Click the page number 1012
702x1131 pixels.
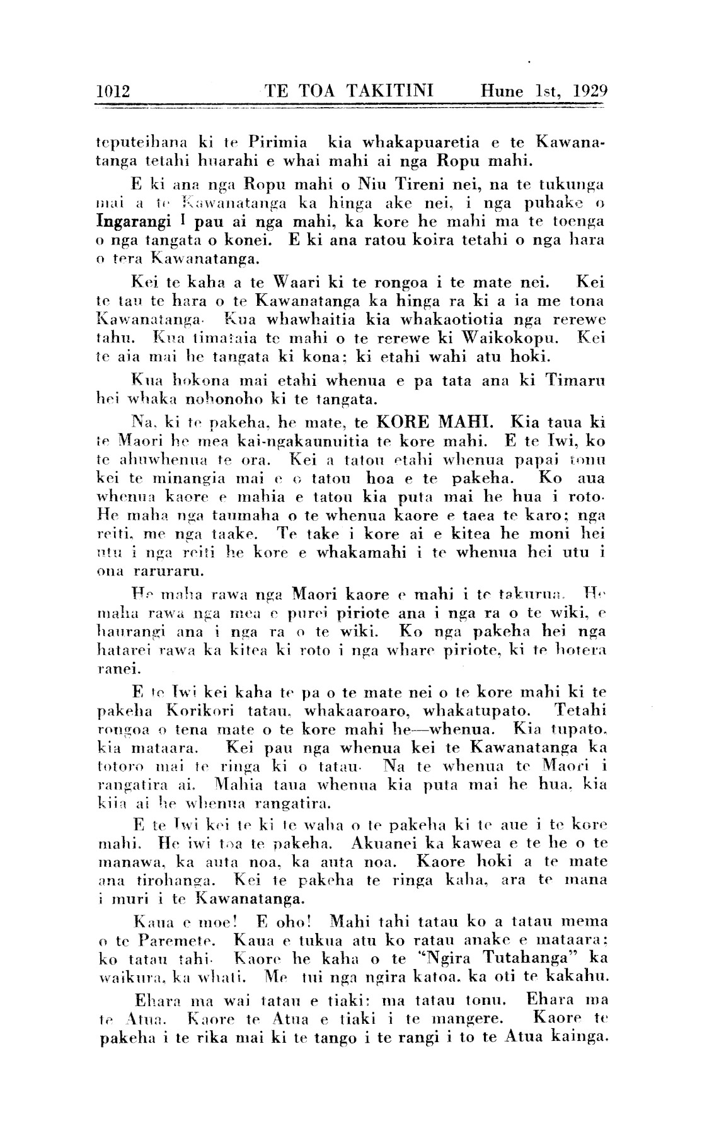pyautogui.click(x=113, y=91)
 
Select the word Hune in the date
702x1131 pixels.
pyautogui.click(x=502, y=91)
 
